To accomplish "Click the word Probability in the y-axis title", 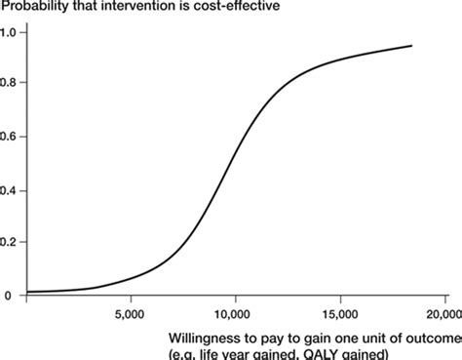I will [35, 8].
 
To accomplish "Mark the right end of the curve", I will [411, 46].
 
